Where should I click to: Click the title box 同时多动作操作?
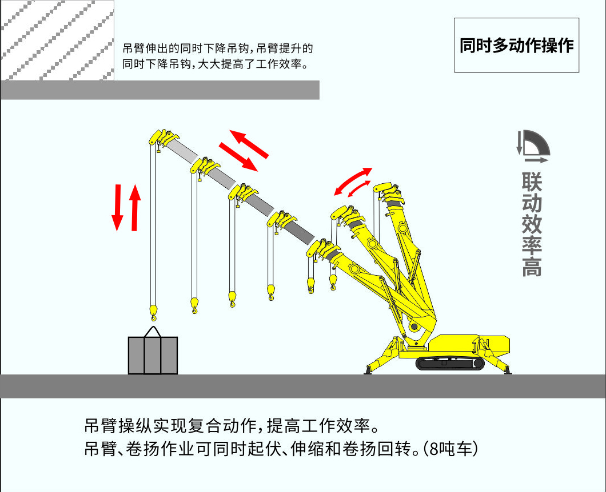coord(516,45)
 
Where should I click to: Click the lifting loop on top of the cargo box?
coord(153,332)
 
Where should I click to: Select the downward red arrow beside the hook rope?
coord(117,208)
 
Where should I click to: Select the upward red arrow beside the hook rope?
coord(134,208)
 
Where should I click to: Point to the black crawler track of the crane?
coord(450,363)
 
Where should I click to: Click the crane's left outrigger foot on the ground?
coord(368,371)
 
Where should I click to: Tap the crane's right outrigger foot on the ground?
coord(508,371)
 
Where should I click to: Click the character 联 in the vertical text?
coord(532,182)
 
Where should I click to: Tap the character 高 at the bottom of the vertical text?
coord(532,266)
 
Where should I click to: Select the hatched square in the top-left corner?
coord(57,40)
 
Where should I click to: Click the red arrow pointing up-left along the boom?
coord(249,144)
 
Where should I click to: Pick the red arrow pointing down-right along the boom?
coord(238,156)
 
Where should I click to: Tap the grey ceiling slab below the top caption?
coord(160,90)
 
